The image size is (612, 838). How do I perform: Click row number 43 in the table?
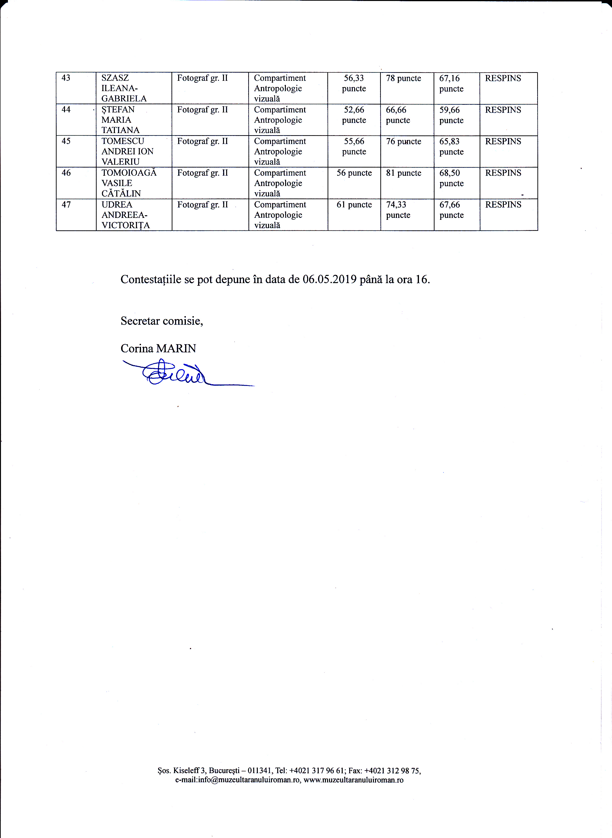pos(66,78)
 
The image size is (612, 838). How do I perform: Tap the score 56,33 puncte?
pos(354,83)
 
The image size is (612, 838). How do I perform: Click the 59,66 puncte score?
pos(451,115)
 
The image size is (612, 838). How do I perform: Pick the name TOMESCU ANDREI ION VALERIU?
pos(127,151)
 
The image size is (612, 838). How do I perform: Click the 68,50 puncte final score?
pos(451,178)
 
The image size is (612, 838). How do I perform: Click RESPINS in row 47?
pos(503,205)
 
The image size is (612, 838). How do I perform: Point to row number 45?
pos(66,141)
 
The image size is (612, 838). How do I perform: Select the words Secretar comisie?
pos(162,321)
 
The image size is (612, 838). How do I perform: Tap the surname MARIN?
pos(176,349)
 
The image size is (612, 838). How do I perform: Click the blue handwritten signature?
pos(174,374)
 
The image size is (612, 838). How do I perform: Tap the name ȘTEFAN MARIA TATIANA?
pos(120,120)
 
